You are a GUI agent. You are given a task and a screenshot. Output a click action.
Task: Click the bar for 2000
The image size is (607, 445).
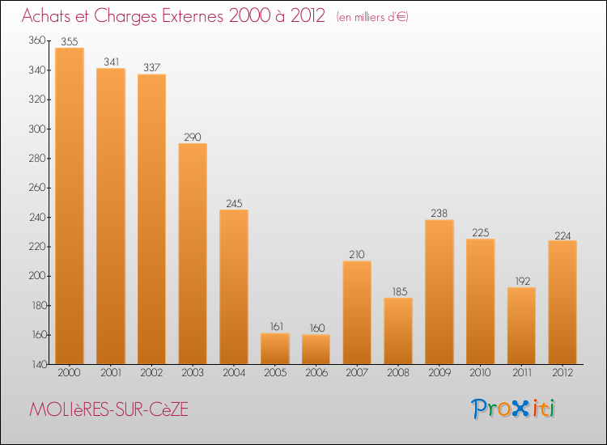(70, 206)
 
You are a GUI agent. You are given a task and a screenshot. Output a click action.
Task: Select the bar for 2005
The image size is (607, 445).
(275, 349)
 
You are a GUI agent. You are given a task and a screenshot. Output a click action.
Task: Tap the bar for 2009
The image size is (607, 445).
(439, 292)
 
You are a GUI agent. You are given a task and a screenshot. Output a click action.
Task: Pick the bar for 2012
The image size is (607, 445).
(562, 303)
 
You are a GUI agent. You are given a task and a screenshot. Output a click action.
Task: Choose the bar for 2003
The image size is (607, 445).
(193, 254)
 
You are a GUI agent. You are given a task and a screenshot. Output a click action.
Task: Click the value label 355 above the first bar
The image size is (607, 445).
(70, 40)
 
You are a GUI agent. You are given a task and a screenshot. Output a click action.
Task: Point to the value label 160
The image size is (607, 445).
(316, 327)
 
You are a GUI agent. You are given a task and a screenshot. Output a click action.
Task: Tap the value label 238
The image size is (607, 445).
(439, 213)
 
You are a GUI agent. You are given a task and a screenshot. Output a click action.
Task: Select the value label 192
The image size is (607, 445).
(521, 281)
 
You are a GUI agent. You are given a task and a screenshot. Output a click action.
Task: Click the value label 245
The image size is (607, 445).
(234, 203)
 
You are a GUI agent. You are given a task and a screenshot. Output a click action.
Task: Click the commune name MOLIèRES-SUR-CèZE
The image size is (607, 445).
(108, 410)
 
